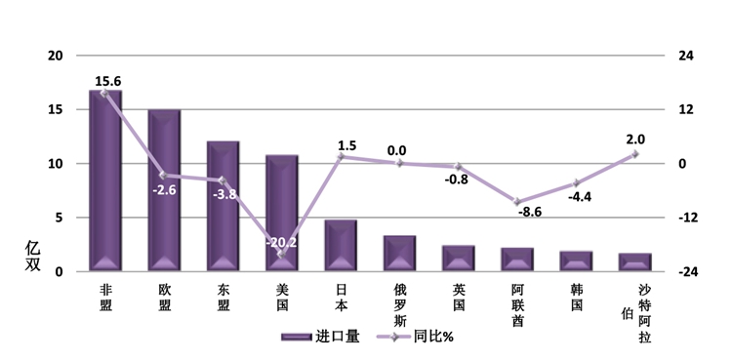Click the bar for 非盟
click(x=105, y=180)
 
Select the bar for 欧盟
click(x=164, y=190)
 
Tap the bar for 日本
click(x=341, y=246)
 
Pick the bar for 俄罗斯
click(x=399, y=254)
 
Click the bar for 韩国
click(x=576, y=261)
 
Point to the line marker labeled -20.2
click(x=281, y=255)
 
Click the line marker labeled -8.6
click(x=516, y=202)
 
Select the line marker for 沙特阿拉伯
click(x=634, y=154)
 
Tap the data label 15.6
click(x=107, y=81)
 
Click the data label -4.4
click(x=580, y=197)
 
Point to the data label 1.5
click(x=346, y=145)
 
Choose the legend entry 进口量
click(x=320, y=337)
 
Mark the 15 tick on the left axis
click(x=55, y=109)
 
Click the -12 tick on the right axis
click(x=689, y=218)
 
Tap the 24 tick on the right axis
click(x=686, y=56)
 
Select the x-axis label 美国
click(x=282, y=298)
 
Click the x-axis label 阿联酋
click(x=517, y=305)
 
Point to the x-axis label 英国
click(x=459, y=298)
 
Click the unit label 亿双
click(x=32, y=256)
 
